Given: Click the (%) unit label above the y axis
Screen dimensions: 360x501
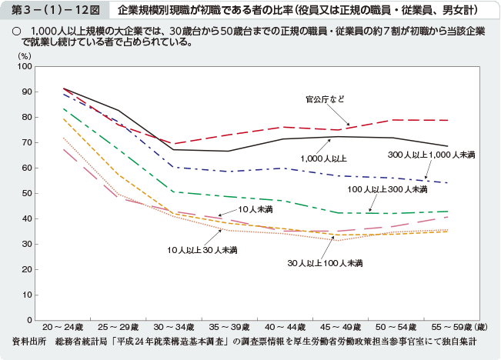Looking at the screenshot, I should [25, 56].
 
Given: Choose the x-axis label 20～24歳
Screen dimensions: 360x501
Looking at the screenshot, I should [63, 328].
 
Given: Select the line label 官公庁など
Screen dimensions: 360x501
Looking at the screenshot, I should [325, 99].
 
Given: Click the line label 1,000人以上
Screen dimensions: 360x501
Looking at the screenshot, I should [323, 158].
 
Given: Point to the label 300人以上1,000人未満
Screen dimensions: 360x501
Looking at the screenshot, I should [431, 155].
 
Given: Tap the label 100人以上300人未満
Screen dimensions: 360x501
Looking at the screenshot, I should [387, 189].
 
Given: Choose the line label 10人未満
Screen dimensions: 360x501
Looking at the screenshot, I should [256, 209].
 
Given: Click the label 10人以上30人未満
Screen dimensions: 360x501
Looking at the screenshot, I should [202, 250].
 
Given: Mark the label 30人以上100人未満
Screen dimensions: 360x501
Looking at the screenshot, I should [326, 264].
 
